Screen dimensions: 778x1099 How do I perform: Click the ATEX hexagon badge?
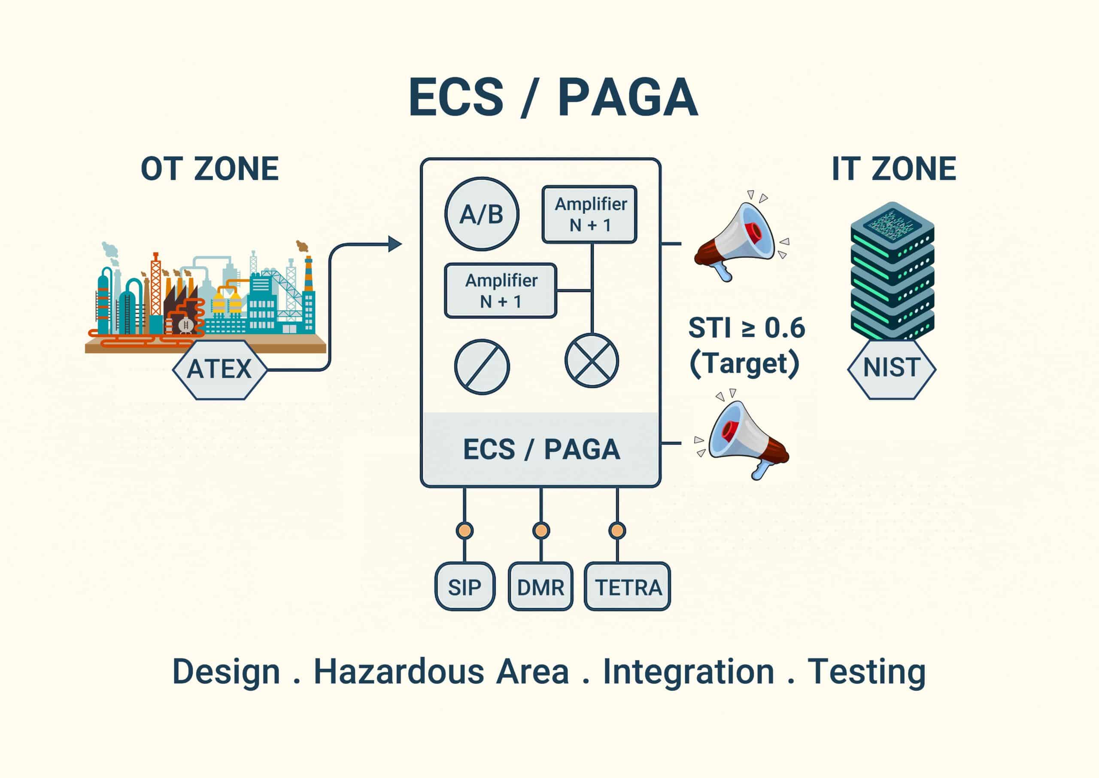click(x=219, y=369)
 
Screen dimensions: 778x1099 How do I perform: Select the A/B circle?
click(x=482, y=214)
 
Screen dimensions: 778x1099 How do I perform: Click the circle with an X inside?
click(x=592, y=360)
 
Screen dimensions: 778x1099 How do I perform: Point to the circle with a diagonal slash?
click(x=482, y=367)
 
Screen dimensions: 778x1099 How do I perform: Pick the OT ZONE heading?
click(x=209, y=169)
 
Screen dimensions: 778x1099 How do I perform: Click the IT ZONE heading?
click(x=894, y=169)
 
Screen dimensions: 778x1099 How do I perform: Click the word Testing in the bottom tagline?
click(x=866, y=673)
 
